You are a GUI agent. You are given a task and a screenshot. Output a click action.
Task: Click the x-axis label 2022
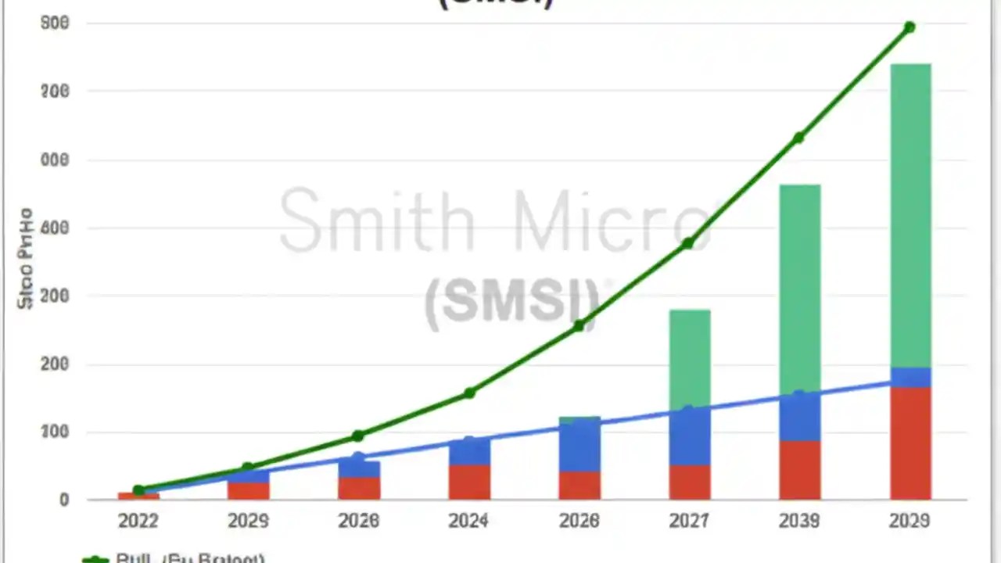[x=138, y=521]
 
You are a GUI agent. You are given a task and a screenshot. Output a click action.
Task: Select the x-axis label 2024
[x=469, y=521]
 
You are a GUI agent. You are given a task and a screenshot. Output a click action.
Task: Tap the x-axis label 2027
[x=689, y=521]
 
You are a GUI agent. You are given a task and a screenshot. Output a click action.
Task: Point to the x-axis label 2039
[x=799, y=521]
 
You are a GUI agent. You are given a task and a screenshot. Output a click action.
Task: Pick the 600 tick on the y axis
[x=54, y=228]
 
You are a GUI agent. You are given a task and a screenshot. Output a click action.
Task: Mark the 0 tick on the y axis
[x=64, y=500]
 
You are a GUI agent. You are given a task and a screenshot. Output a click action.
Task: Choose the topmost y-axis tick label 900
[x=54, y=23]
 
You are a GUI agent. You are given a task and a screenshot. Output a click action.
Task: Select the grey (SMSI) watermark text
[x=512, y=302]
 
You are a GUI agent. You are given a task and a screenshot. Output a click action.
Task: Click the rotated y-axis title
[x=25, y=258]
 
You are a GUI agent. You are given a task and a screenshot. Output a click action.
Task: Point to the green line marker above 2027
[x=688, y=243]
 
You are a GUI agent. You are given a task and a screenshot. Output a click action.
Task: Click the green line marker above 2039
[x=798, y=138]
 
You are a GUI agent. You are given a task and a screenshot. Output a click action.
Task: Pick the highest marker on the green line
[x=910, y=27]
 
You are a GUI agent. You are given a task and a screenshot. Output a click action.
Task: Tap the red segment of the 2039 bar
[x=799, y=470]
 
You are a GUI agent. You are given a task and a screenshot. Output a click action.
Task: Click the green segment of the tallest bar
[x=910, y=215]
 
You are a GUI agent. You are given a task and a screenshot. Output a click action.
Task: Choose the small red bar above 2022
[x=138, y=496]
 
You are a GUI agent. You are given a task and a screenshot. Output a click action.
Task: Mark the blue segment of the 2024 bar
[x=469, y=453]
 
